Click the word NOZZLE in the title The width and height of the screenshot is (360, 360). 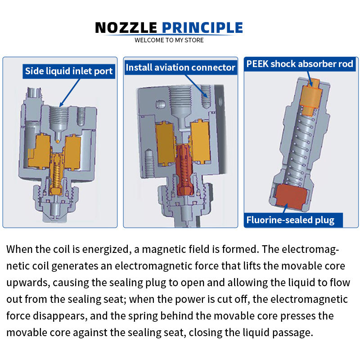click(x=126, y=28)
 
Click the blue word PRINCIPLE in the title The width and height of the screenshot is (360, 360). click(x=202, y=28)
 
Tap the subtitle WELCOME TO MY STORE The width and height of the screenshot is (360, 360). click(x=169, y=40)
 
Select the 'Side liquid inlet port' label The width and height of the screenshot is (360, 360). click(x=69, y=71)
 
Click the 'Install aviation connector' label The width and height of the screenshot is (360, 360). click(x=180, y=67)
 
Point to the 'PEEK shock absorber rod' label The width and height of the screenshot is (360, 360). click(x=300, y=64)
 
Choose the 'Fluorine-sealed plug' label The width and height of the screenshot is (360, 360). click(x=290, y=220)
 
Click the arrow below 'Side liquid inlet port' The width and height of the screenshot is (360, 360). click(x=70, y=93)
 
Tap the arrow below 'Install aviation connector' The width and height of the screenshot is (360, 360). click(x=196, y=86)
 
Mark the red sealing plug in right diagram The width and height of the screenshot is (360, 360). click(x=291, y=197)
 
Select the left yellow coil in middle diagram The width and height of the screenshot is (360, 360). click(x=165, y=143)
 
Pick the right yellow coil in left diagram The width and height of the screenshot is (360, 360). click(x=73, y=153)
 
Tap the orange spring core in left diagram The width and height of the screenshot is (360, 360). click(x=56, y=174)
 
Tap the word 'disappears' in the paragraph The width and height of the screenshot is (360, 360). click(x=60, y=316)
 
